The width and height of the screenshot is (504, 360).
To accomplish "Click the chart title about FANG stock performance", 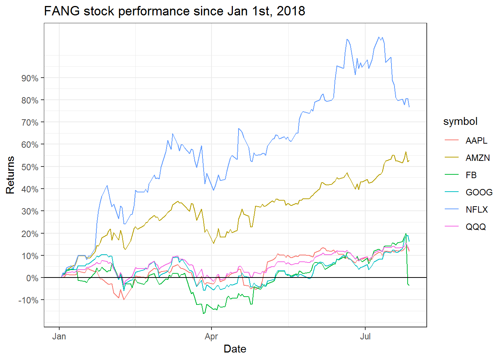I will coord(174,11).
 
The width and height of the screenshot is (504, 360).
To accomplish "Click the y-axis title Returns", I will coord(10,175).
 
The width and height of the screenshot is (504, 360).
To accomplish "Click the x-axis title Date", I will coord(235,349).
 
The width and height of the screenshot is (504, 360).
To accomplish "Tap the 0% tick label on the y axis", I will coord(32,278).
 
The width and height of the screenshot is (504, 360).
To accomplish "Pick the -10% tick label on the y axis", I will coord(28,300).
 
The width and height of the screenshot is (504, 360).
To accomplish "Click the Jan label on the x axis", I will coord(59,336).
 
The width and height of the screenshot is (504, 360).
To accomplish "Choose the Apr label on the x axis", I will coord(211,336).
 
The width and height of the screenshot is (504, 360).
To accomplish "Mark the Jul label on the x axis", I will coord(365,336).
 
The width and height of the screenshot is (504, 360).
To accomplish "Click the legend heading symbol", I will coord(460,121).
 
